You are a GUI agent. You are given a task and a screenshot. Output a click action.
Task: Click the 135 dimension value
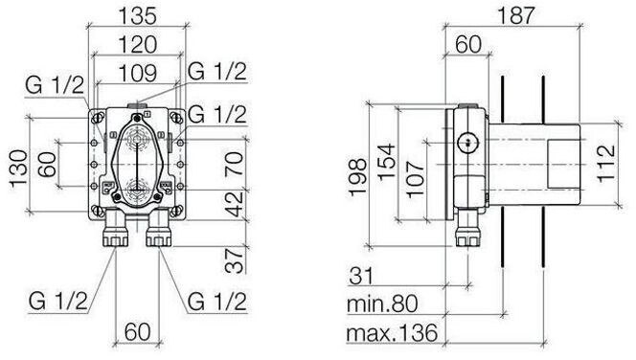pyautogui.click(x=137, y=16)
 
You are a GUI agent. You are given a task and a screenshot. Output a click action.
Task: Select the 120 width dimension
pyautogui.click(x=138, y=45)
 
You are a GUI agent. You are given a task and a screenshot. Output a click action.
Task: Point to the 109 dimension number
pyautogui.click(x=138, y=73)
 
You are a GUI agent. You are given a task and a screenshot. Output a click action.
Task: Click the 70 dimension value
pyautogui.click(x=235, y=163)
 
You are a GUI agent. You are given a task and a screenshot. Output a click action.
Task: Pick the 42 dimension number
pyautogui.click(x=235, y=204)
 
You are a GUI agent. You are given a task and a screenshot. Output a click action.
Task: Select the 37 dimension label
pyautogui.click(x=235, y=260)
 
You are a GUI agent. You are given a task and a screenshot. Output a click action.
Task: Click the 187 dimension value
pyautogui.click(x=516, y=16)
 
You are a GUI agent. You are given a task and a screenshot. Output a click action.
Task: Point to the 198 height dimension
pyautogui.click(x=358, y=177)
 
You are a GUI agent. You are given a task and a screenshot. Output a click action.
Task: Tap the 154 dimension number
pyautogui.click(x=387, y=162)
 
